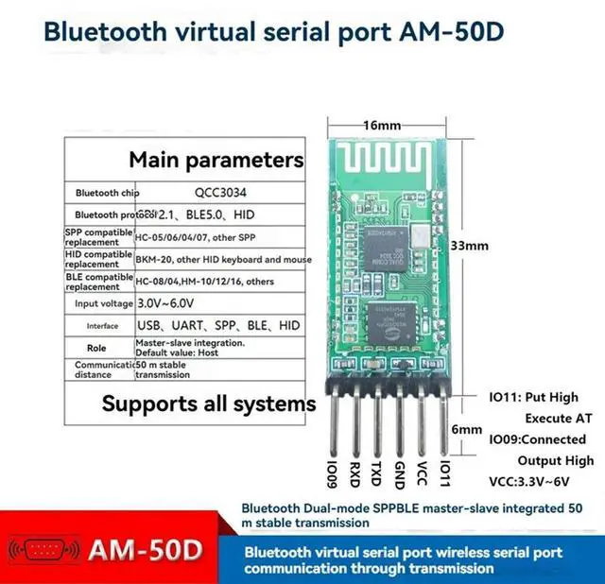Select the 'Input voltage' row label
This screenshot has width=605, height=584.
tap(98, 303)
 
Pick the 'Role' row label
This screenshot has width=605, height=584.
tap(98, 347)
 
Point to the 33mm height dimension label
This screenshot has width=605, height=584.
tap(469, 245)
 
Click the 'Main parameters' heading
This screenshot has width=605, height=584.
tap(216, 159)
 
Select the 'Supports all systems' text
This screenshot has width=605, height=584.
tap(209, 404)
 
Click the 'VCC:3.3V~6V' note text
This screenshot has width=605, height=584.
tap(541, 481)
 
